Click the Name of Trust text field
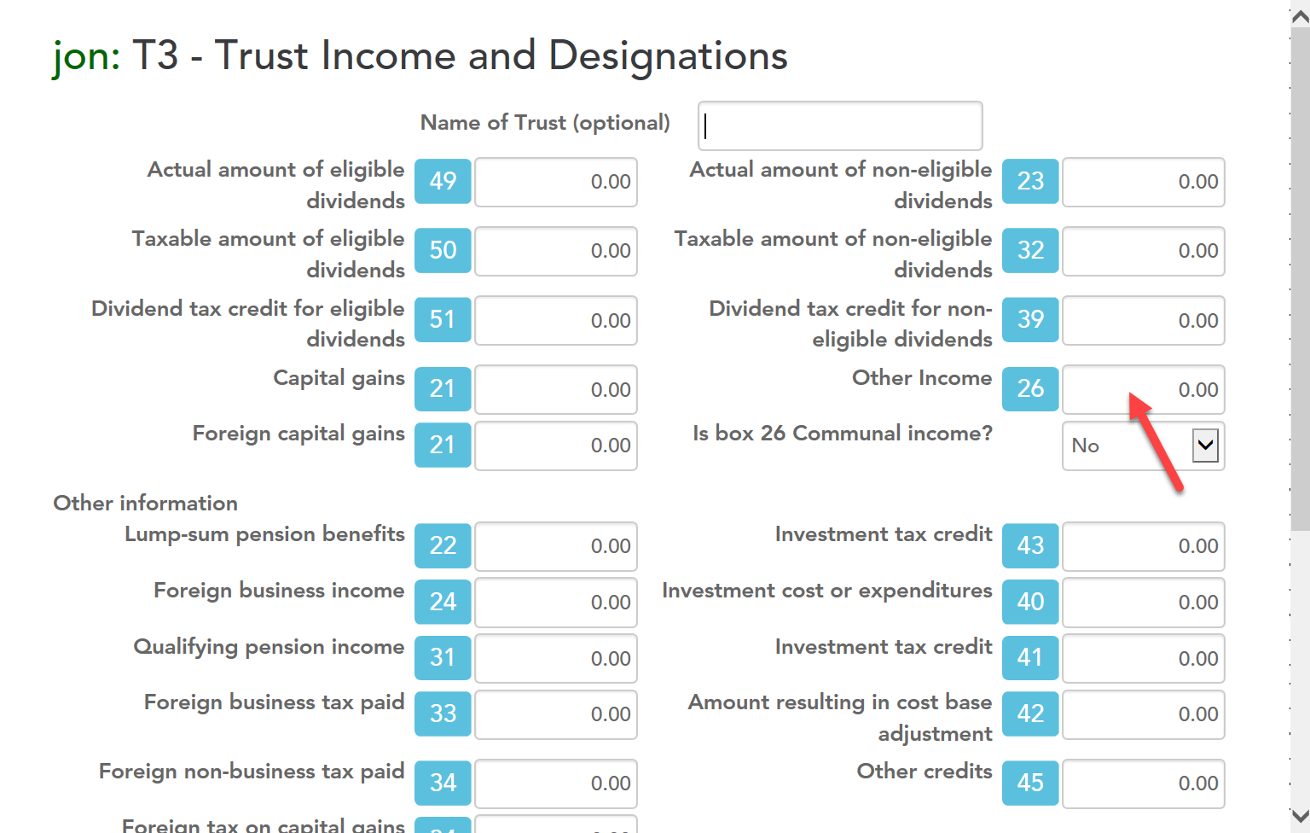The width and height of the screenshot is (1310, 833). (x=839, y=125)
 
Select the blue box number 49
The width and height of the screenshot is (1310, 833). (x=443, y=182)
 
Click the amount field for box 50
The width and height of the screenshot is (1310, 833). (x=555, y=251)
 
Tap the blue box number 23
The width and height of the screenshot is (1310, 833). (x=1030, y=182)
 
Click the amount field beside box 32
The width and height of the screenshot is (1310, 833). (x=1143, y=251)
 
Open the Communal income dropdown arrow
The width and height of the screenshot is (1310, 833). (x=1204, y=445)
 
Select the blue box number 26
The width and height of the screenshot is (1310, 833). (x=1030, y=389)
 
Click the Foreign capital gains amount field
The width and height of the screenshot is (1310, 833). (x=555, y=446)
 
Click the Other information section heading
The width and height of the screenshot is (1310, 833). (x=146, y=504)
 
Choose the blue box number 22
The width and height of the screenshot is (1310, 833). (x=443, y=546)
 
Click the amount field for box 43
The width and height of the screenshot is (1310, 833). (x=1143, y=546)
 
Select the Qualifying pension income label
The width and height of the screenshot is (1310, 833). (x=269, y=647)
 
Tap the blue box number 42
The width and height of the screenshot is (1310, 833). (x=1030, y=714)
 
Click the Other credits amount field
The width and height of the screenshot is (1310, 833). (x=1143, y=783)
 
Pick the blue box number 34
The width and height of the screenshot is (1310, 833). (x=443, y=783)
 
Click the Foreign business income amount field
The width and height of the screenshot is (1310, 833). (x=555, y=603)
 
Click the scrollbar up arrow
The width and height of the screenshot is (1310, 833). (x=1300, y=15)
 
